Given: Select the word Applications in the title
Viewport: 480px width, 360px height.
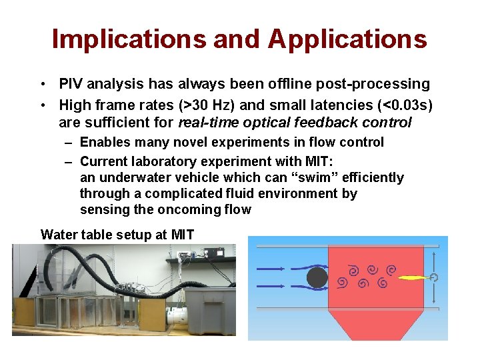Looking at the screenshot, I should pyautogui.click(x=347, y=39).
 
